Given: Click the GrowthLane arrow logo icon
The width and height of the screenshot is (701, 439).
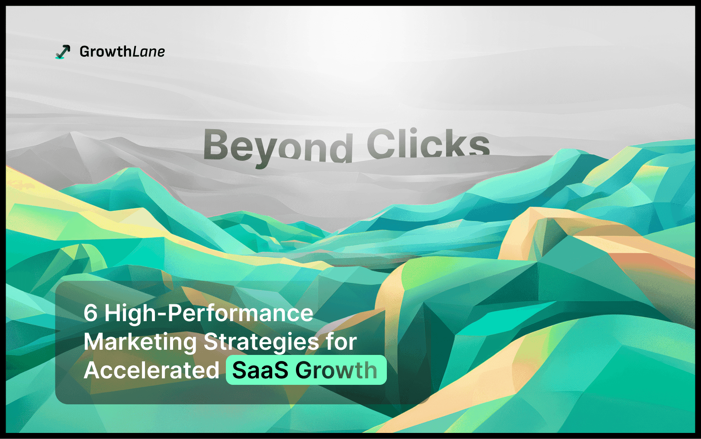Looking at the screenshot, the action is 63,52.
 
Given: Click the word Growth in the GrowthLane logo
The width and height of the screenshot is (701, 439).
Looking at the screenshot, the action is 106,52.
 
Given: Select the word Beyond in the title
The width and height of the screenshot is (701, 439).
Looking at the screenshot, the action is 278,147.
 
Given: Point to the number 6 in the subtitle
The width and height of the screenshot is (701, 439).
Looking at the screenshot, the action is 90,313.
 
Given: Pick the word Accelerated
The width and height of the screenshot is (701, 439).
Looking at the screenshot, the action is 151,370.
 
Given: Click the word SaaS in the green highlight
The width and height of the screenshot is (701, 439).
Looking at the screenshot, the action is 260,370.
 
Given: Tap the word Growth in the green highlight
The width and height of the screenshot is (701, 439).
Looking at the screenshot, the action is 336,370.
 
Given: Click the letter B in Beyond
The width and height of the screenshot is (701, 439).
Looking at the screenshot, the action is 216,145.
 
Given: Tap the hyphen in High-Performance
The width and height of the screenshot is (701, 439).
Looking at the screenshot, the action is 162,315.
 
